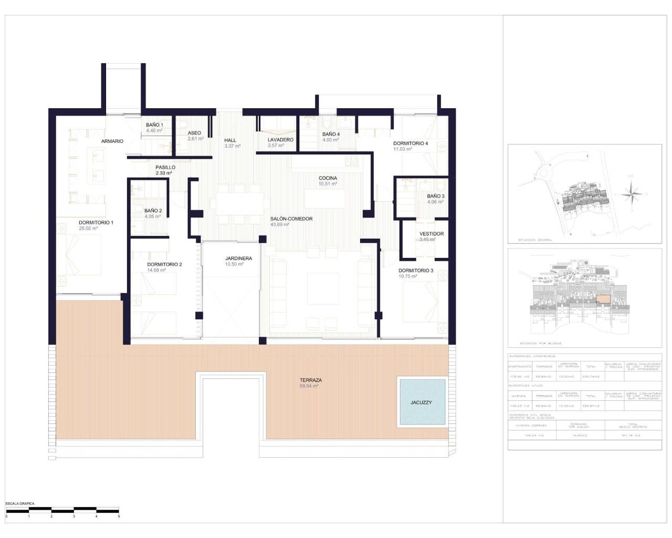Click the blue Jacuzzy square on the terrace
point(422,402)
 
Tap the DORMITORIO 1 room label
point(96,222)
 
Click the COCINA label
point(328,178)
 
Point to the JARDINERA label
point(238,258)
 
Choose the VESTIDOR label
point(431,234)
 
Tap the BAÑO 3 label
point(435,196)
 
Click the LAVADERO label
point(280,140)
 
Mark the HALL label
point(230,140)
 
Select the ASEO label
point(194,133)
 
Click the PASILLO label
point(165,167)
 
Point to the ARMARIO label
point(112,141)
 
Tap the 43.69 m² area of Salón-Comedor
point(280,224)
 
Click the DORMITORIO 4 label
point(411,143)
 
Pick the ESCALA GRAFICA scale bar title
point(20,504)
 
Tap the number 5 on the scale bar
point(119,516)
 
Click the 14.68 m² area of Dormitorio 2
point(156,270)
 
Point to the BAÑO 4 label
point(331,134)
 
